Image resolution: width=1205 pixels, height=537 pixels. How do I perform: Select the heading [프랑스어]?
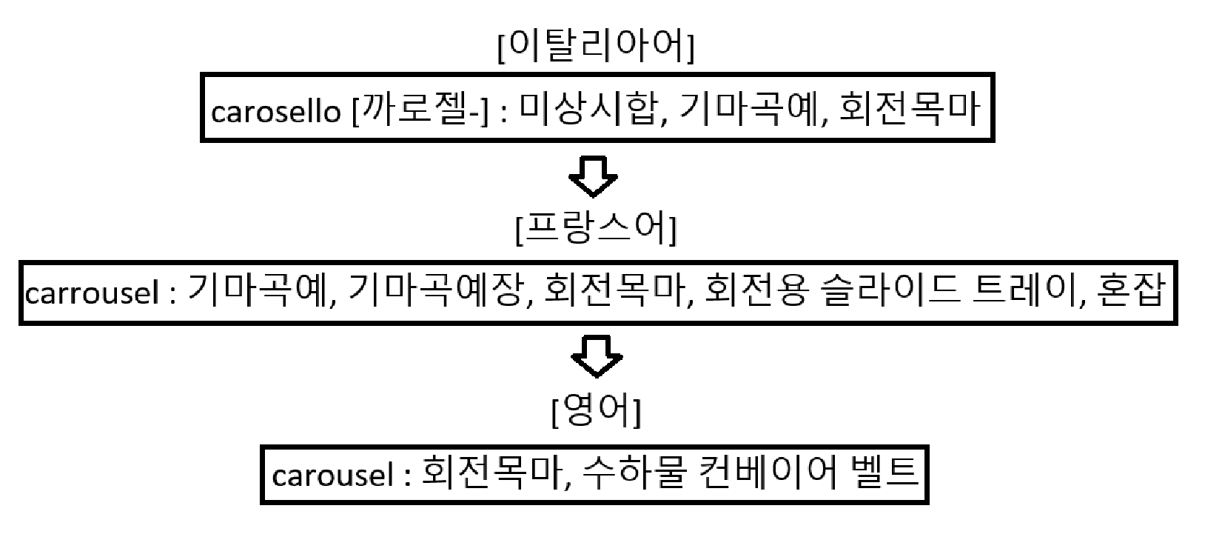point(596,231)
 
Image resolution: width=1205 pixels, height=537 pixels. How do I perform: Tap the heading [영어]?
point(596,413)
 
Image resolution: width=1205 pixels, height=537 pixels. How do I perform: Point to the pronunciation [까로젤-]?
point(420,111)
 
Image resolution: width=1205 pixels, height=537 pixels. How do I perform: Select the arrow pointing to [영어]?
point(597,358)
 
